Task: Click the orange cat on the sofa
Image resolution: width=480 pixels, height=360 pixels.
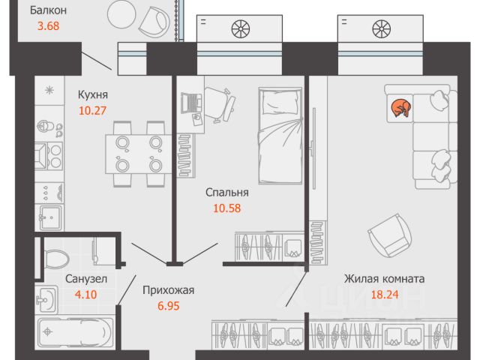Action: pyautogui.click(x=401, y=108)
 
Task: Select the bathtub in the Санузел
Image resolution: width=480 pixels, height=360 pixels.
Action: pyautogui.click(x=75, y=332)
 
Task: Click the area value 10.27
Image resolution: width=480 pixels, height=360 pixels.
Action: pyautogui.click(x=92, y=110)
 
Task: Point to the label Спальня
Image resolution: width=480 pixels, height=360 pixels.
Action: pyautogui.click(x=226, y=193)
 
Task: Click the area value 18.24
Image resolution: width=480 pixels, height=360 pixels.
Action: pyautogui.click(x=385, y=295)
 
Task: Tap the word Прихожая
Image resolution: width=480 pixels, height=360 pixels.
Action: pyautogui.click(x=168, y=290)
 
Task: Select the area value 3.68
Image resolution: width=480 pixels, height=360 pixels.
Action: pyautogui.click(x=48, y=25)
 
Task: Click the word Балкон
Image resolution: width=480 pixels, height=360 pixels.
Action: pyautogui.click(x=48, y=10)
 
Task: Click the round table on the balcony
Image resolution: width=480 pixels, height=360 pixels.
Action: pyautogui.click(x=121, y=13)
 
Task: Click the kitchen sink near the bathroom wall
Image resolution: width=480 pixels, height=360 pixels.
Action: pyautogui.click(x=51, y=217)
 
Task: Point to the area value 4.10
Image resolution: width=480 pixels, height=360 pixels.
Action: pyautogui.click(x=85, y=295)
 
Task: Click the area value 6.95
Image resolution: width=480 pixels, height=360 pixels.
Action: pyautogui.click(x=168, y=305)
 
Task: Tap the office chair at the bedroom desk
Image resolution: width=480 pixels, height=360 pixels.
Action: pyautogui.click(x=219, y=104)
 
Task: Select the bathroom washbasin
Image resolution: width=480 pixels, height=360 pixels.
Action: pyautogui.click(x=46, y=300)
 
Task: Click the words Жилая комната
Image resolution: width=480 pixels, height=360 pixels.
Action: pyautogui.click(x=385, y=279)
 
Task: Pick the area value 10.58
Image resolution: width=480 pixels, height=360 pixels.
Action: pyautogui.click(x=226, y=208)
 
